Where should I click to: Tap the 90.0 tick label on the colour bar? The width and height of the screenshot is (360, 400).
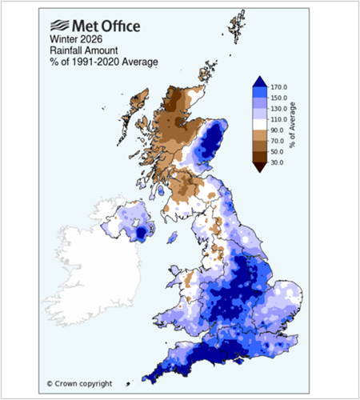tap(278, 130)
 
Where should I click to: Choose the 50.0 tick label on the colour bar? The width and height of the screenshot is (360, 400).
tap(278, 151)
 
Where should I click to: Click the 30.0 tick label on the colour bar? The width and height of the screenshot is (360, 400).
tap(278, 162)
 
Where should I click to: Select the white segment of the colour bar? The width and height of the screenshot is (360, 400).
tap(259, 124)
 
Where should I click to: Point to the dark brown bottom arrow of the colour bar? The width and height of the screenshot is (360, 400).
tap(259, 166)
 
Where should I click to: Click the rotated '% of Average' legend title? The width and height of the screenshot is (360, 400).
tap(295, 125)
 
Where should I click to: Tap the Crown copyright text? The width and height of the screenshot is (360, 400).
tap(79, 383)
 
